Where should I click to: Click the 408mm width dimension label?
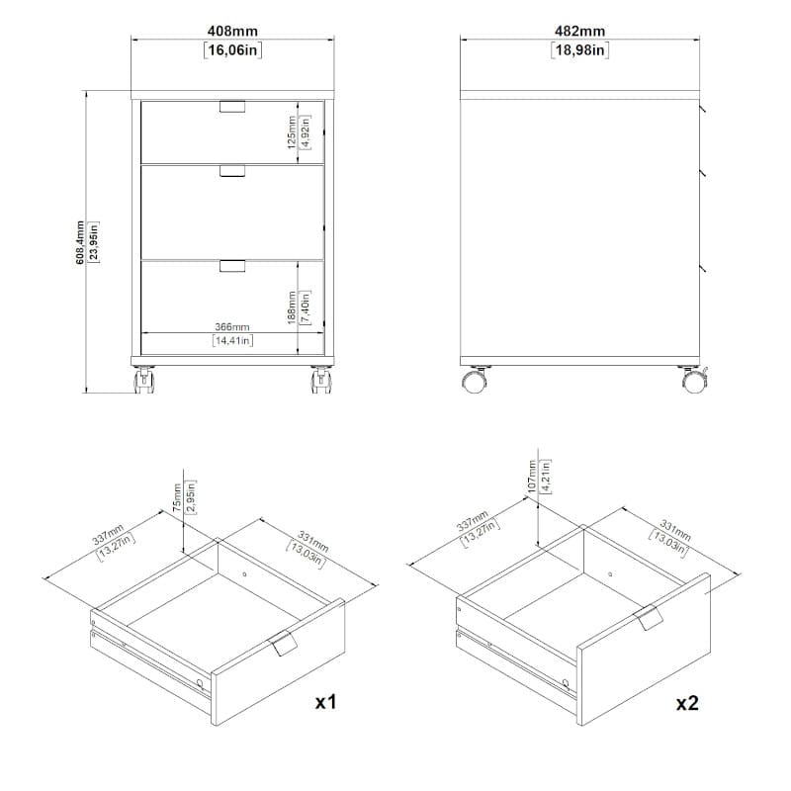(x=232, y=31)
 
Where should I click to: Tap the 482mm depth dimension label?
(x=579, y=31)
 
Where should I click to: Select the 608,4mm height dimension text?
(x=80, y=242)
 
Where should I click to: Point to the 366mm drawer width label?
(x=232, y=327)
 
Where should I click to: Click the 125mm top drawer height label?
(x=292, y=132)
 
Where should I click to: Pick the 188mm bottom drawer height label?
(x=292, y=308)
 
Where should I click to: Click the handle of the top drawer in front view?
(x=232, y=107)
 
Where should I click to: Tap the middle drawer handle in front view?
(x=232, y=171)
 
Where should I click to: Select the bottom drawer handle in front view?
(x=232, y=266)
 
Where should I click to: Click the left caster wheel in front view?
(x=143, y=380)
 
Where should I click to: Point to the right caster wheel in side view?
(x=694, y=381)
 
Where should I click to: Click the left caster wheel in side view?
(x=475, y=381)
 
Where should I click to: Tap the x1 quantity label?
(x=325, y=702)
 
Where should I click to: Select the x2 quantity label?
(x=687, y=703)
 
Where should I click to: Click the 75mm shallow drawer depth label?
(x=177, y=497)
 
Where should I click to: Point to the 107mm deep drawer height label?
(x=532, y=477)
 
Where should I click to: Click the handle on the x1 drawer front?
(x=284, y=644)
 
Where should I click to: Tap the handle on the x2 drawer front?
(x=649, y=617)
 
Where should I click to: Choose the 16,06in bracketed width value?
(x=232, y=50)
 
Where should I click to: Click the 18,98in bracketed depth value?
(x=579, y=50)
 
